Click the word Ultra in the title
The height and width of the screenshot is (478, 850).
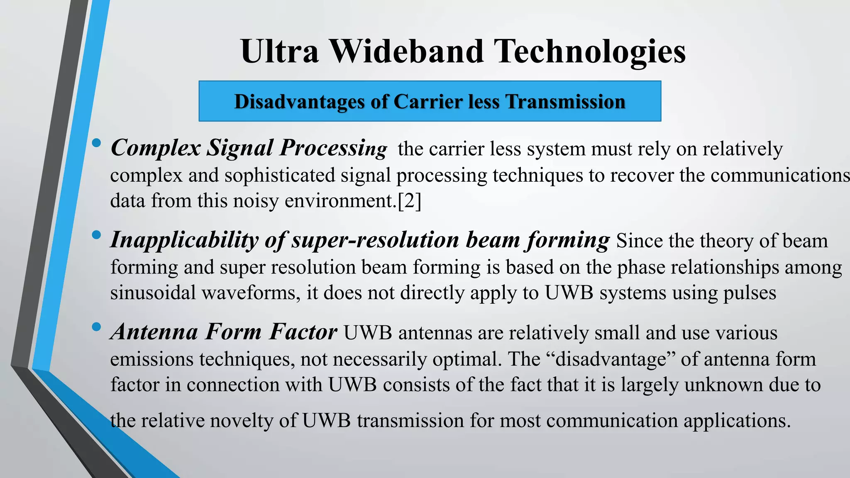(279, 51)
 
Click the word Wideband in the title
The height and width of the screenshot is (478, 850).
(407, 51)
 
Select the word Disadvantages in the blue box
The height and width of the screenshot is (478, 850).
(299, 102)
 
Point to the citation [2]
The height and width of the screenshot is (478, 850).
(409, 201)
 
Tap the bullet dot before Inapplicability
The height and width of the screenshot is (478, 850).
(96, 235)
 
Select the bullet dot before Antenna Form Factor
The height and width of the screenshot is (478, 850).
(96, 327)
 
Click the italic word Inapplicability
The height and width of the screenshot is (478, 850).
(183, 241)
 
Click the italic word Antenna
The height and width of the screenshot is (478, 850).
(154, 332)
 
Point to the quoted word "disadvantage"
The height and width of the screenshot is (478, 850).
(611, 359)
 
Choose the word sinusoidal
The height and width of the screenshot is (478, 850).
(153, 293)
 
